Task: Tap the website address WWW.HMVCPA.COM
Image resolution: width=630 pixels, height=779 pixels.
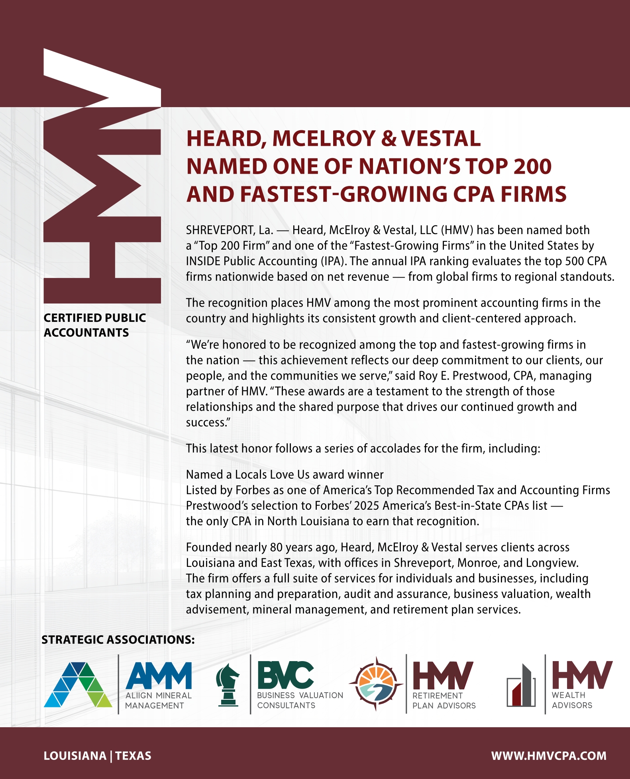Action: (x=549, y=756)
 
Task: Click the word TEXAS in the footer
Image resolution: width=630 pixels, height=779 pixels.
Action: (x=133, y=756)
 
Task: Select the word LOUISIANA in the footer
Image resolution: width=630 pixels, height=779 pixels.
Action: (x=75, y=756)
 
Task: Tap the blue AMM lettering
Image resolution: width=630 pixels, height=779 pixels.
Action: (x=159, y=675)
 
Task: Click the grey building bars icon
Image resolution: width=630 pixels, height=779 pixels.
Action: (x=521, y=686)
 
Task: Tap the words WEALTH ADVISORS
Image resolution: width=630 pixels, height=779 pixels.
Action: (x=572, y=700)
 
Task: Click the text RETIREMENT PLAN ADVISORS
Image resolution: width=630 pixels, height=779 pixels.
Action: (x=444, y=700)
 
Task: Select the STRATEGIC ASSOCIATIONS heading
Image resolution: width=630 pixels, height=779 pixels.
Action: (x=118, y=640)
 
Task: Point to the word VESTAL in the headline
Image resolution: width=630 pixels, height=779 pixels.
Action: (x=441, y=139)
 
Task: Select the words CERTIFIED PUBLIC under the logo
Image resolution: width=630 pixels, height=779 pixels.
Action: (x=95, y=318)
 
